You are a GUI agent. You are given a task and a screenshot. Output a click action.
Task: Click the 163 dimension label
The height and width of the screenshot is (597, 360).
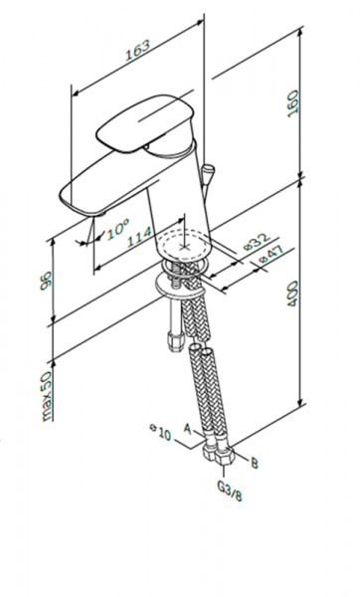(x=138, y=50)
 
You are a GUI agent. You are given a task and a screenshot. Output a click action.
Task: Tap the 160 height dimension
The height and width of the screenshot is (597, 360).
(x=293, y=103)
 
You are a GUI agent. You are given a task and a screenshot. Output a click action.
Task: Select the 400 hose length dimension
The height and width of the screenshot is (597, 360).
(x=292, y=294)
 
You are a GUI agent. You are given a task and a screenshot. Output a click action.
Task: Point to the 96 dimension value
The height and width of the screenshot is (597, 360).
(x=46, y=281)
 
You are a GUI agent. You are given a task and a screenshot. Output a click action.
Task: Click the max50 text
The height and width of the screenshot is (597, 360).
(x=46, y=396)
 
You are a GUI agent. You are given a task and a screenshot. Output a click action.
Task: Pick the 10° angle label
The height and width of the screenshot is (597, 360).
(x=118, y=228)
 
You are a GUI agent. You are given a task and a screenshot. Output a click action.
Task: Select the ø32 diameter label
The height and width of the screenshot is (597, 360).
(x=257, y=242)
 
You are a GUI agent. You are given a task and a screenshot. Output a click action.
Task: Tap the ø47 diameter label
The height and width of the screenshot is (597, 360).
(x=271, y=255)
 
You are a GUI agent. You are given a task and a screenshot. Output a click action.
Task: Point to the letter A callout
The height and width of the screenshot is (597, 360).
(x=187, y=429)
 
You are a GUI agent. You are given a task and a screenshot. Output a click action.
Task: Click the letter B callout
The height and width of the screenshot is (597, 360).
(x=255, y=463)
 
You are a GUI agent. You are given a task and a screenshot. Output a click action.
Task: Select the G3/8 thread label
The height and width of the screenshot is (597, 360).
(x=230, y=491)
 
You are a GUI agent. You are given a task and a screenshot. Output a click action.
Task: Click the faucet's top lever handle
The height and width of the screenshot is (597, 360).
(x=144, y=123)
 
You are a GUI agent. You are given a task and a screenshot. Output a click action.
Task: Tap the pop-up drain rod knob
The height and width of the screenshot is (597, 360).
(x=208, y=169)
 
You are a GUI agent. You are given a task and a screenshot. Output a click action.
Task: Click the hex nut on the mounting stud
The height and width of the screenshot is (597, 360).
(x=176, y=339)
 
